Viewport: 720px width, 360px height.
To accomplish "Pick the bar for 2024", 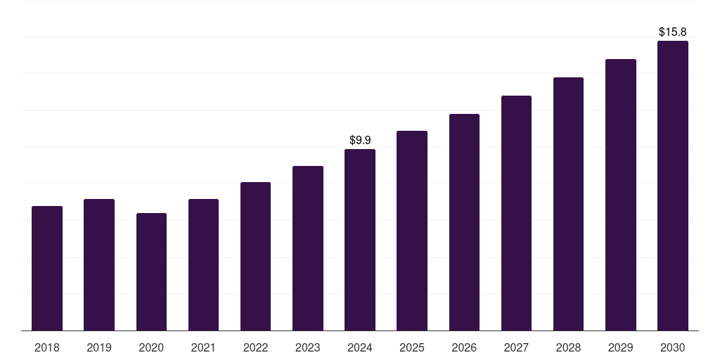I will coord(360,240).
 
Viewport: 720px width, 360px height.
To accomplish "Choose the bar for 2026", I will coord(464,222).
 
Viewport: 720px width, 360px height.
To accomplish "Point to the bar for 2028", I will coord(568,204).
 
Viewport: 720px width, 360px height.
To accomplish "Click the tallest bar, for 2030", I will coord(673,186).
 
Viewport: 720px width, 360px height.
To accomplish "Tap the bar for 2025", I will coord(412,231).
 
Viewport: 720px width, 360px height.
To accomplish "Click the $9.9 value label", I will coord(360,141).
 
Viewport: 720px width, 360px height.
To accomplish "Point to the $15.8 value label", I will coord(673,32).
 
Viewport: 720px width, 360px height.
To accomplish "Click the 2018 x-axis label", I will coord(47,347).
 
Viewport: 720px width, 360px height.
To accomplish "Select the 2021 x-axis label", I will coord(203,347).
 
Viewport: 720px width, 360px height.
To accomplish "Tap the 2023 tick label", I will coord(308,347).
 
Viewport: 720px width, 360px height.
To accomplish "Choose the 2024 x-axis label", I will coord(360,347).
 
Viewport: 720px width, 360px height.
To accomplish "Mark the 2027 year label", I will coord(516,347).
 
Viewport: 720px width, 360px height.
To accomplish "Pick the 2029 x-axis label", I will coord(621,347).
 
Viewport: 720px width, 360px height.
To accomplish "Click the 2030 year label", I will coord(673,347).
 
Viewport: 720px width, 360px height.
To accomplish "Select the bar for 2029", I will coord(621,195).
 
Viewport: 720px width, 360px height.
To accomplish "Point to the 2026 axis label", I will coord(464,347).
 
